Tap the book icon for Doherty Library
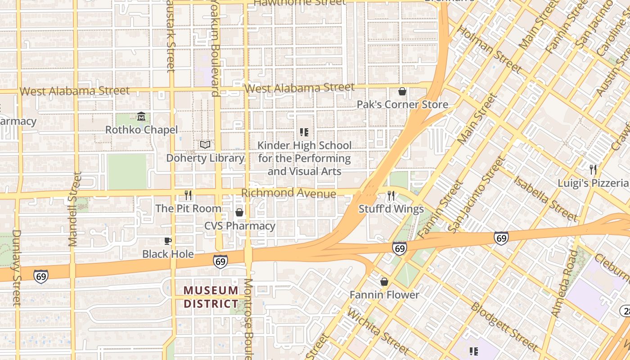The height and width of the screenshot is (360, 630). click(x=205, y=144)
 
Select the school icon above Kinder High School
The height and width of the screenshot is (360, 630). click(x=304, y=132)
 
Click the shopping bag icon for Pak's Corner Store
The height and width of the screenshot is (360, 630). click(x=402, y=91)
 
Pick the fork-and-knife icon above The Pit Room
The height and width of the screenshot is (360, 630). click(x=188, y=195)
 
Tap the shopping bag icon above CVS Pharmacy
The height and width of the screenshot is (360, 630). click(x=239, y=212)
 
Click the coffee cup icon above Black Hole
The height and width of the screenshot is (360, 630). click(x=168, y=241)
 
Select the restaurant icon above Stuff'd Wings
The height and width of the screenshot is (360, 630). click(x=391, y=196)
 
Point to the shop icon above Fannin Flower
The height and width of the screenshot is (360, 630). click(x=384, y=282)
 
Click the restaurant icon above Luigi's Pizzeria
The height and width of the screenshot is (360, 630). click(x=593, y=170)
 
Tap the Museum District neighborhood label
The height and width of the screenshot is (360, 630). click(x=211, y=297)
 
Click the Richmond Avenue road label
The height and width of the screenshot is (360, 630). click(x=288, y=193)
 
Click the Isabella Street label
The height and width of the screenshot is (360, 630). click(x=545, y=198)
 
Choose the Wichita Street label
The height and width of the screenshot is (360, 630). click(x=378, y=332)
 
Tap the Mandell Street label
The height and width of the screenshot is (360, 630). click(x=74, y=209)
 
